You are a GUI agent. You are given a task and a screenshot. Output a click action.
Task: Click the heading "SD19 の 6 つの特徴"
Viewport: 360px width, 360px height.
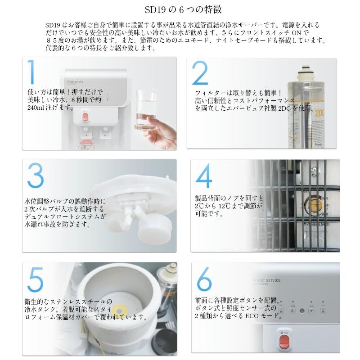183,9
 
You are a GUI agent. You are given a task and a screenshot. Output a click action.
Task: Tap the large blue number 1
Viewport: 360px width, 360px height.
31,72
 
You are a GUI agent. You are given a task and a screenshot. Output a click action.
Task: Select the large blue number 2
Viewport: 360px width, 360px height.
200,73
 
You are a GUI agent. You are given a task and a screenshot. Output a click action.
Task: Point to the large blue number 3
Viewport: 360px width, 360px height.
36,175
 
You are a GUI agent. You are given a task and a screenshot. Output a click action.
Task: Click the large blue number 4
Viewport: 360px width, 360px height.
204,175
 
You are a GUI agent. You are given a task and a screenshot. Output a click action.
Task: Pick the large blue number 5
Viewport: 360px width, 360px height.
36,279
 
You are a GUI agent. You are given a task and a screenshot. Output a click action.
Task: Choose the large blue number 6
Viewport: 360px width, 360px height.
204,279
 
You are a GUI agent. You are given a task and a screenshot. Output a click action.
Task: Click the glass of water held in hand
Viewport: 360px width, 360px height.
145,110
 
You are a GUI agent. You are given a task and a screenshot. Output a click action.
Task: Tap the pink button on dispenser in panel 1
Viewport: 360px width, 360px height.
85,117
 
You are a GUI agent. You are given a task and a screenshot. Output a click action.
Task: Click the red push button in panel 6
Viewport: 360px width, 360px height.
284,341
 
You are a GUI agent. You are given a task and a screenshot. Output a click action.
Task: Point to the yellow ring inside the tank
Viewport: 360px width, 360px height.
118,309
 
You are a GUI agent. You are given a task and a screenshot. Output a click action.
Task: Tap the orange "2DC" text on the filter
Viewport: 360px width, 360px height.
319,113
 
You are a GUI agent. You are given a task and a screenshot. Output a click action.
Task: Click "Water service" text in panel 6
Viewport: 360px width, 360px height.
267,280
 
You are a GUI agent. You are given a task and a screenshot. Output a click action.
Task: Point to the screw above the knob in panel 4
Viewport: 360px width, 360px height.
314,171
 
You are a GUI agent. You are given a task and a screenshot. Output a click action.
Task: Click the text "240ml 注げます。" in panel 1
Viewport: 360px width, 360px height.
50,108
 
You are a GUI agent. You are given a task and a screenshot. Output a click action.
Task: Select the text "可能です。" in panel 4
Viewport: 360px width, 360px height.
209,214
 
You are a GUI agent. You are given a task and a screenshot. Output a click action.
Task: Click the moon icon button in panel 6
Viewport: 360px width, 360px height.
292,311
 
